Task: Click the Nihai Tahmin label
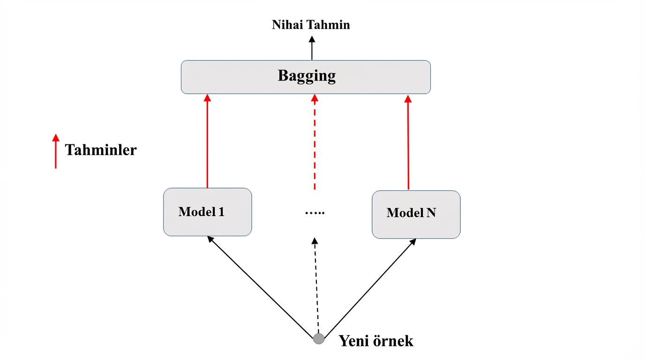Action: [311, 25]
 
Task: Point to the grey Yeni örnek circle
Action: [319, 338]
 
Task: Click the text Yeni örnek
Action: [376, 341]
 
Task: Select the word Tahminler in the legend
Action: [101, 150]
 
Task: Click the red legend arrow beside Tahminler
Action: [56, 151]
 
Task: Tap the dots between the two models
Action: [315, 213]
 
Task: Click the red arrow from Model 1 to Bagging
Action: [207, 141]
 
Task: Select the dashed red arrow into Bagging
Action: [315, 141]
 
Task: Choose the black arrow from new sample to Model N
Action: [370, 287]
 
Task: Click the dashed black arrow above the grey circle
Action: [316, 286]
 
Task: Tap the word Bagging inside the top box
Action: [307, 76]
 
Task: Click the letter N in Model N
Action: [431, 213]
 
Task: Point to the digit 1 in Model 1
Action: [221, 212]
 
